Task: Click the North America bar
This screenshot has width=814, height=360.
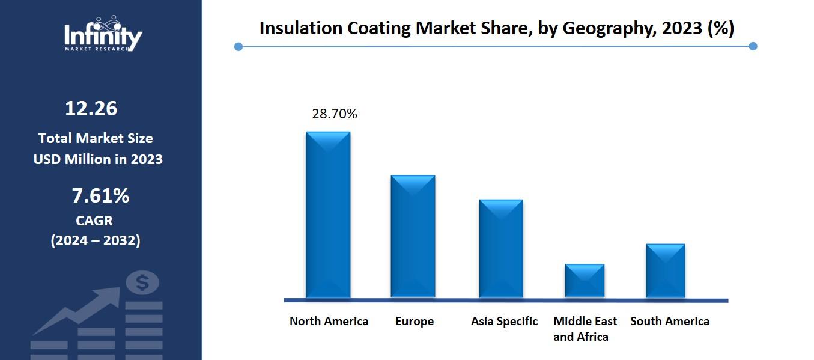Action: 328,215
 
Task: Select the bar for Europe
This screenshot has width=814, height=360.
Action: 413,236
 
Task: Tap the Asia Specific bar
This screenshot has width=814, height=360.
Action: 501,248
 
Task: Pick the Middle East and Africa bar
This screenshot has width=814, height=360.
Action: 585,280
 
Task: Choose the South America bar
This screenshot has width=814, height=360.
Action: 665,270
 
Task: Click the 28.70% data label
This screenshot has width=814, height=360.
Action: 334,114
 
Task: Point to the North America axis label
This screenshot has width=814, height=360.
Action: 329,321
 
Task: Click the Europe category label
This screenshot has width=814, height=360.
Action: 414,321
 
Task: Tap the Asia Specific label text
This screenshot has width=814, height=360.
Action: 504,321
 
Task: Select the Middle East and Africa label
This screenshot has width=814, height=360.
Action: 585,329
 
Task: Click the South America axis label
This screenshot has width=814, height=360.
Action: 669,321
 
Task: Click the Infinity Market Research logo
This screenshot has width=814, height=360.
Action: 103,35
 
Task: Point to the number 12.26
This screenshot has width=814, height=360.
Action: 91,109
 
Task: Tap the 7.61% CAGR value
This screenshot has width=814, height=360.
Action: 100,195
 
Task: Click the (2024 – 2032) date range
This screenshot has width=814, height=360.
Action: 96,241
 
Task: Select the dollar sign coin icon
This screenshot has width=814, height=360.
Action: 143,282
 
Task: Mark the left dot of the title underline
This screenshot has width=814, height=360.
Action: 238,46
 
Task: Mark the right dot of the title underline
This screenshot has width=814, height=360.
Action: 753,46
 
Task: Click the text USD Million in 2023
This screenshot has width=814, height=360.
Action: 98,160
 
